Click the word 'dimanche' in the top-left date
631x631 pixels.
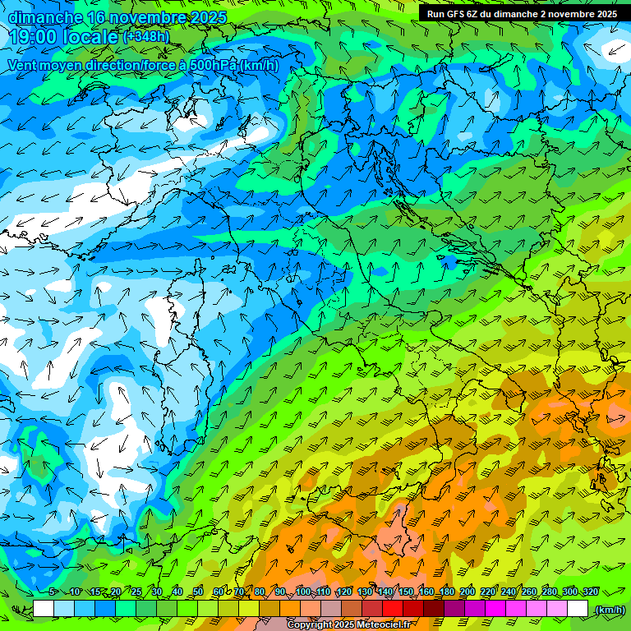44,17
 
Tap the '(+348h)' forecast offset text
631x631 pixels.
147,36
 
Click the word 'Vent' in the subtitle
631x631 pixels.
24,65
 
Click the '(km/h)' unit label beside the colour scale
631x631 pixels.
610,610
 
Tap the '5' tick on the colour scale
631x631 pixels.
52,592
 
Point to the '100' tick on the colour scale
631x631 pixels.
303,592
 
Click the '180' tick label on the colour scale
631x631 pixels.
447,592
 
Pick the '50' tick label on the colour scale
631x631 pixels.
197,592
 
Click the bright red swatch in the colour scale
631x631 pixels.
393,609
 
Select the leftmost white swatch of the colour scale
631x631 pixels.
44,609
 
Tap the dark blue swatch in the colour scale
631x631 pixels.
105,609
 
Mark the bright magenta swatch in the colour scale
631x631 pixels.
495,609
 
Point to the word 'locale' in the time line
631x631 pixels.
90,38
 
